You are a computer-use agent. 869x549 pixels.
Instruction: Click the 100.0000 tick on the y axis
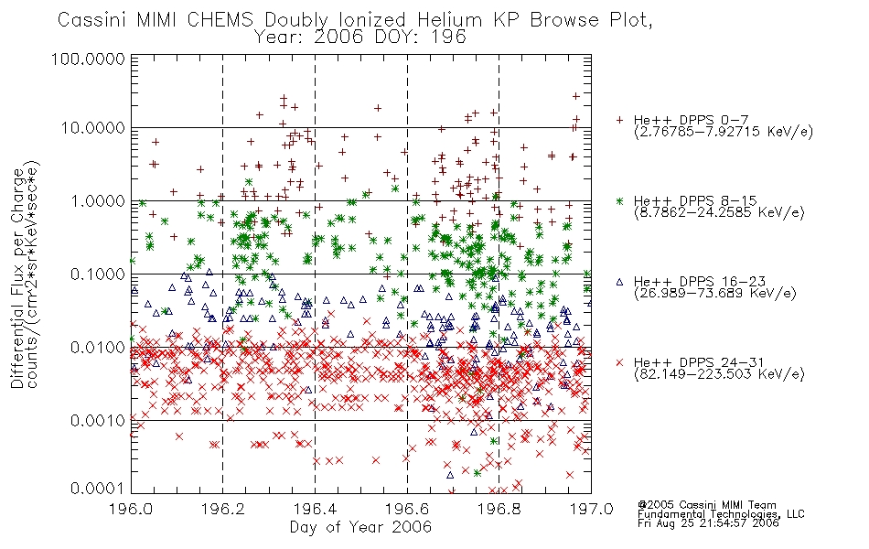88,59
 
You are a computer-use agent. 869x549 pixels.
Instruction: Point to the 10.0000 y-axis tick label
92,128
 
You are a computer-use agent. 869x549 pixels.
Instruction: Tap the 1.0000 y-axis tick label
98,200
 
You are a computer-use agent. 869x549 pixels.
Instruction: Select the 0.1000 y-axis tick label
98,274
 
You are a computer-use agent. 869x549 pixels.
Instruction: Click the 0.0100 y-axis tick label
98,347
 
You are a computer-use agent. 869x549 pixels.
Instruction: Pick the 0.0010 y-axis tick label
98,420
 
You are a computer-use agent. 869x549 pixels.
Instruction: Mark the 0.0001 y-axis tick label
98,489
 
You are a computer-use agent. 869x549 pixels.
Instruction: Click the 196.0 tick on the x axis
131,509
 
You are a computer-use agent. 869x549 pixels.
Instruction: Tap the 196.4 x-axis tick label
315,509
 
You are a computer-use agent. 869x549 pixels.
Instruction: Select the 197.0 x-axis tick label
591,509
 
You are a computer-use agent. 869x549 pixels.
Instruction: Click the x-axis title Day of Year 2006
360,527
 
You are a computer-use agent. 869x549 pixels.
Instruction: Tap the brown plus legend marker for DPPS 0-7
619,120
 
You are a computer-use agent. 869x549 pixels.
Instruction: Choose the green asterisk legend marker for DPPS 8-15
619,200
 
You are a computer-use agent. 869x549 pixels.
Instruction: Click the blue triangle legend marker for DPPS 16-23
619,282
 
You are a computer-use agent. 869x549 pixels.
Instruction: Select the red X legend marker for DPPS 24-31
619,362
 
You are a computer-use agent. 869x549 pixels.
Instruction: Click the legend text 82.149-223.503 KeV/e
719,374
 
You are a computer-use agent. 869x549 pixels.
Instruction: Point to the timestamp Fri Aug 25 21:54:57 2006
708,522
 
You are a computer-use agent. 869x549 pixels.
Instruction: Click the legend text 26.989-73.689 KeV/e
715,294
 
